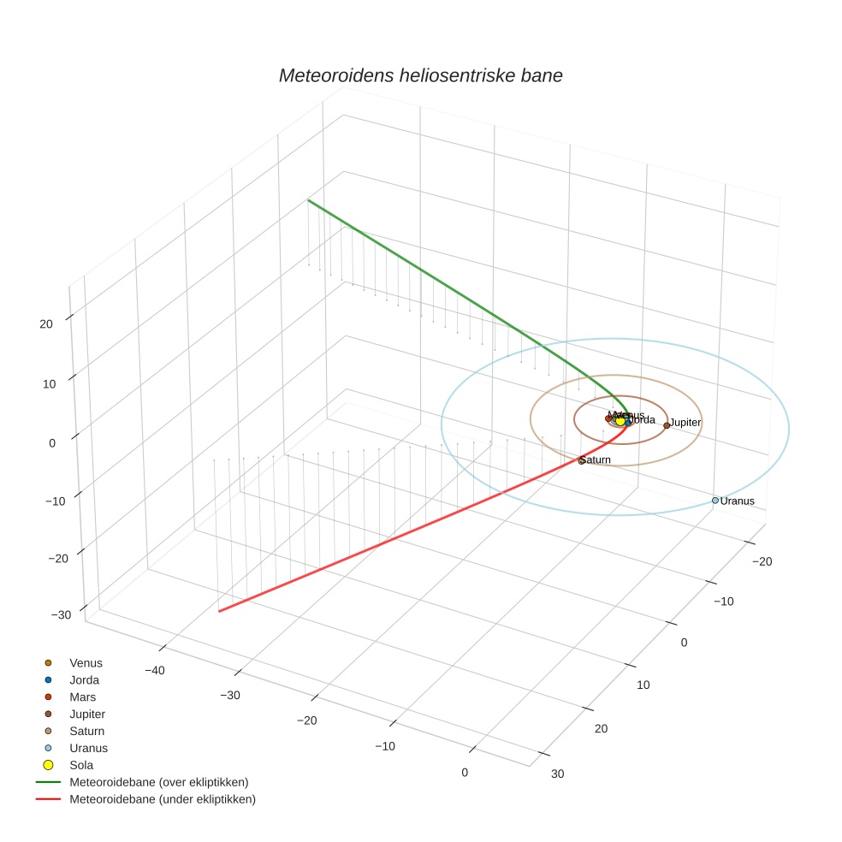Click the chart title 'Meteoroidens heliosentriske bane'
[420, 75]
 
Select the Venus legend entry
[86, 662]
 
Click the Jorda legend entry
[84, 679]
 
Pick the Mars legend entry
[82, 697]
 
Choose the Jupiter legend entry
[87, 714]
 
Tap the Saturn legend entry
[86, 731]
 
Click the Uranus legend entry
[88, 748]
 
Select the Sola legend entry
[81, 765]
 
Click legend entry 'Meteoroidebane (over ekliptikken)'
[158, 782]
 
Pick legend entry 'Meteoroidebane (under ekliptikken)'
[162, 799]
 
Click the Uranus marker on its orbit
[715, 501]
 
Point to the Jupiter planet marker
[667, 425]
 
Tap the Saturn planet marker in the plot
[582, 460]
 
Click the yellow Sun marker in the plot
[620, 421]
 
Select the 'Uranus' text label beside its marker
[738, 501]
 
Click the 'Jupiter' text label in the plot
[685, 423]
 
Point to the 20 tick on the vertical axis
[46, 323]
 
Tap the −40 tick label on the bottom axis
[155, 670]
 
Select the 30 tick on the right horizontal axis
[558, 774]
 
